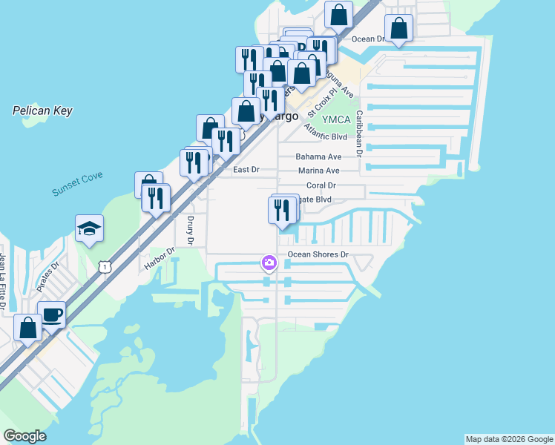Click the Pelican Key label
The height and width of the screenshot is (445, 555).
pos(42,111)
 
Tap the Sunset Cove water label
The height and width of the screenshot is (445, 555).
pos(77,183)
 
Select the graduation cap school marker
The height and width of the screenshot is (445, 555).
pos(89,228)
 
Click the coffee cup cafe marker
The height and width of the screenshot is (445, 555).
pos(51,314)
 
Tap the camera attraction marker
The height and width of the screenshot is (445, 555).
pos(269,263)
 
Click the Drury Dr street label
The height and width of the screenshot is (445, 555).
pos(189,231)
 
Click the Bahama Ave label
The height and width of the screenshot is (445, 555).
pos(318,156)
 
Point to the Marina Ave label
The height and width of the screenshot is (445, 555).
pos(318,171)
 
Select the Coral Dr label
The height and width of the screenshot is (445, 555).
pos(321,185)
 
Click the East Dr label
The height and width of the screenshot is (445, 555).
pos(246,170)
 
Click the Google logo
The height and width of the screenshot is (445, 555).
pos(24,436)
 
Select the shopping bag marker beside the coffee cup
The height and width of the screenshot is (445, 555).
pos(27,327)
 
